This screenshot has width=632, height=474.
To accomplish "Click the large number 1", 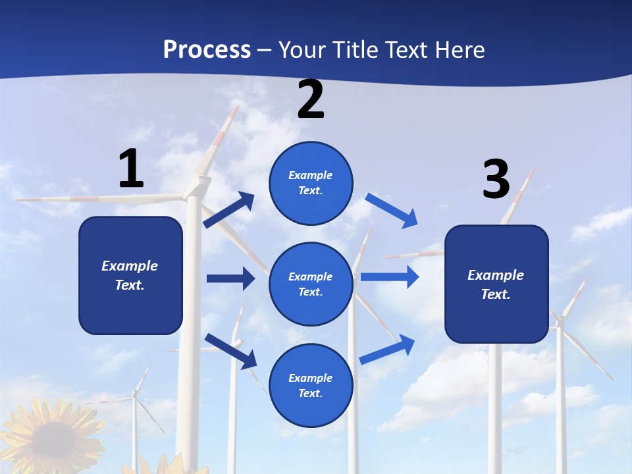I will coord(131,169).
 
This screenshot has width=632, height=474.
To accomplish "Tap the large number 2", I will coord(311,99).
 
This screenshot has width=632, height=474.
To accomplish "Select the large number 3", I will coord(496,179).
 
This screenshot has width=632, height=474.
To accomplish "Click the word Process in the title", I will coord(207,49).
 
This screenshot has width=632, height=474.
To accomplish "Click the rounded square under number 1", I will coord(130,275).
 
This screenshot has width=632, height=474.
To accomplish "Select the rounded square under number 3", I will coord(496,284).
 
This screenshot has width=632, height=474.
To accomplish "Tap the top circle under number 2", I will coord(311,183).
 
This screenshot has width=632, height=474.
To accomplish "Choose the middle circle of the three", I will coord(311,284).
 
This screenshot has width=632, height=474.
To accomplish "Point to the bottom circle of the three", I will coord(311,386).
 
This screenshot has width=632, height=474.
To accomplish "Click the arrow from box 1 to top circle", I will coord(229,210).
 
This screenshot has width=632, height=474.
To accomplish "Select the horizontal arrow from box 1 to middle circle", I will coord(230,278).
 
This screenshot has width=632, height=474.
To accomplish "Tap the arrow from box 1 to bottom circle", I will coord(230,351).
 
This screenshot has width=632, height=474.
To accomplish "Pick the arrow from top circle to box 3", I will coord(392,210).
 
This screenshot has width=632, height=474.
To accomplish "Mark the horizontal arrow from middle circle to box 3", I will coord(390,276).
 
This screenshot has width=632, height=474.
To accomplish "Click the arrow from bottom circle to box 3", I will coord(388,349).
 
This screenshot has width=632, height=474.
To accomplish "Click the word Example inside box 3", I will coord(496,275).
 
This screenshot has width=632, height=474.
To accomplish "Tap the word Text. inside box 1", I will coord(130,285).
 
